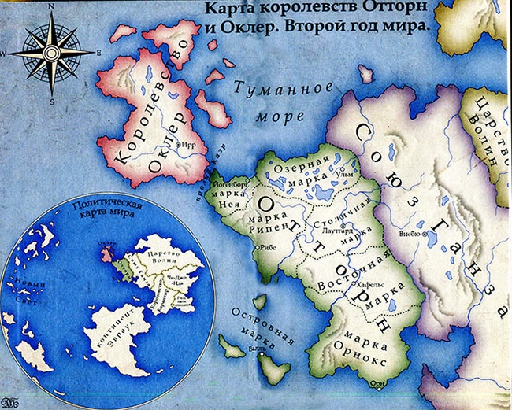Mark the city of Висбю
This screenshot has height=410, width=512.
426,235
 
